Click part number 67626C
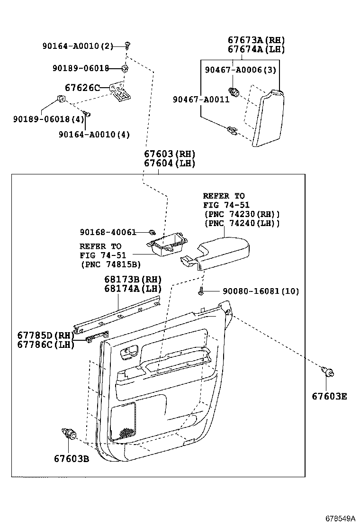(x=82, y=88)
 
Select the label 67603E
(x=329, y=396)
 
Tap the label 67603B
(x=71, y=458)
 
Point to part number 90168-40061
(x=108, y=232)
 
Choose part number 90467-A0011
(x=201, y=100)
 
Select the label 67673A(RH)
(x=256, y=40)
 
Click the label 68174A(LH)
(x=133, y=288)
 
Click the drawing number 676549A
(x=340, y=518)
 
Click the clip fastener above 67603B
(x=69, y=434)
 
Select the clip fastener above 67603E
(x=327, y=373)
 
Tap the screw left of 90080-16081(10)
(x=201, y=291)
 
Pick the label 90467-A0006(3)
(x=240, y=70)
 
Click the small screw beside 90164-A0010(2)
(x=127, y=45)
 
